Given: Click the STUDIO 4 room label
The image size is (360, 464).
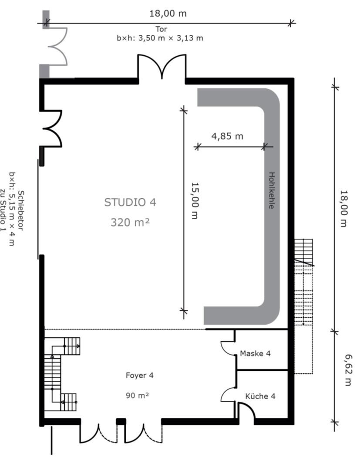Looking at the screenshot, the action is click(130, 202).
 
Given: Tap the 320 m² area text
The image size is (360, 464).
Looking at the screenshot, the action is click(130, 222).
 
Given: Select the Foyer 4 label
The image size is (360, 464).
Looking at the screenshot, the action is click(139, 375).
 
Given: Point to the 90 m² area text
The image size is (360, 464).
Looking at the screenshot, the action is click(137, 395).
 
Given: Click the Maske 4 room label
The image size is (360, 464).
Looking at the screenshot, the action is click(255, 353).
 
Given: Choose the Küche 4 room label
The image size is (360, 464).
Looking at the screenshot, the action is click(260, 396).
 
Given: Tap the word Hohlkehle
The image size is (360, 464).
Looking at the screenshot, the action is click(271, 190).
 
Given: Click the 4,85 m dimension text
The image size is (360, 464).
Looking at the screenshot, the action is click(227, 136).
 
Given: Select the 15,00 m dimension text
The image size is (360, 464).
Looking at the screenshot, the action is click(195, 201).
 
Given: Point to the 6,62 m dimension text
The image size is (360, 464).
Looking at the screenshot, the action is click(348, 370).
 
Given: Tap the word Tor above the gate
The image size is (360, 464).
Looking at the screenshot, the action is click(161, 29).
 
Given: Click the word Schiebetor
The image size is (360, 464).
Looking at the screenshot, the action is click(21, 210).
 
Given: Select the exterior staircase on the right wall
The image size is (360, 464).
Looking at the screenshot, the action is click(303, 306).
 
